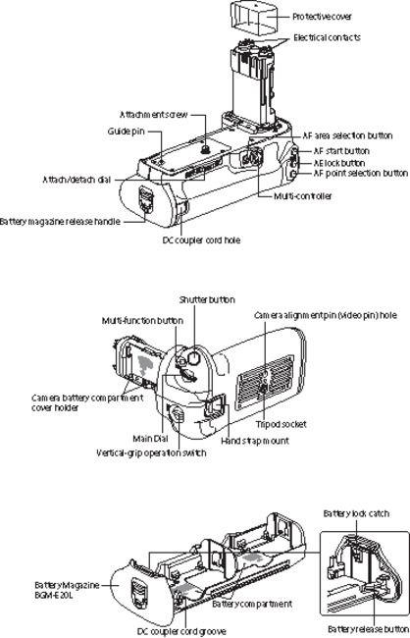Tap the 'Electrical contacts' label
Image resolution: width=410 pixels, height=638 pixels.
[328, 37]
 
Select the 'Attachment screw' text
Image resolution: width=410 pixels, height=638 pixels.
[155, 113]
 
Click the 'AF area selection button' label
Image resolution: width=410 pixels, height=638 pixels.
[349, 134]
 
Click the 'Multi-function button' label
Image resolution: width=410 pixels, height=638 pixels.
[142, 320]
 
